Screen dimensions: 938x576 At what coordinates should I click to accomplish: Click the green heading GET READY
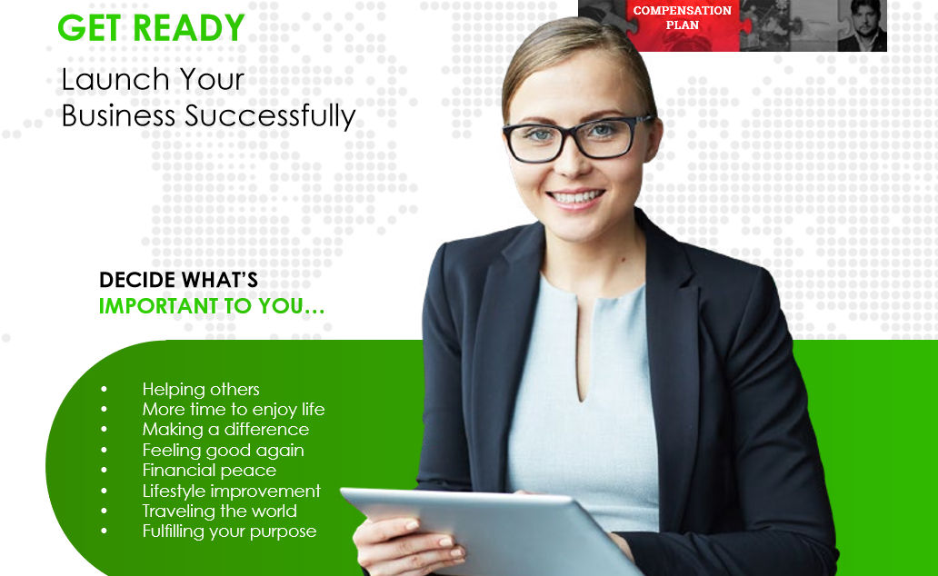pos(151,27)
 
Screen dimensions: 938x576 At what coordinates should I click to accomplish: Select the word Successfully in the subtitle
pos(270,116)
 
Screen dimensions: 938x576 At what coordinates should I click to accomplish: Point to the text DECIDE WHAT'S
pos(178,280)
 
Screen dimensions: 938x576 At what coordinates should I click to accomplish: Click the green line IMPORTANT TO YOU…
pos(212,306)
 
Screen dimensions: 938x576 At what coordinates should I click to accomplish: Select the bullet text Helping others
pos(201,390)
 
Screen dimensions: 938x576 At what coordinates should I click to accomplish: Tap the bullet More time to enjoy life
pos(234,410)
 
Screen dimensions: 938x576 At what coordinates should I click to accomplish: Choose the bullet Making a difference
pos(225,430)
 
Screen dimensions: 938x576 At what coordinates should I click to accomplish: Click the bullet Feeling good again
pos(223,451)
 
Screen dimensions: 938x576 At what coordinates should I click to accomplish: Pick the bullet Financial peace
pos(209,471)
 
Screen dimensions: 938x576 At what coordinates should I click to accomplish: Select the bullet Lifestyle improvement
pos(232,492)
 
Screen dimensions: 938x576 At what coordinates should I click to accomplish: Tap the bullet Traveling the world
pos(220,511)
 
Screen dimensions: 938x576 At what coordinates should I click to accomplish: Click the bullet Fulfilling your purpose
pos(229,531)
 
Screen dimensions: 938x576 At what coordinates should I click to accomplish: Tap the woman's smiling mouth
pos(575,198)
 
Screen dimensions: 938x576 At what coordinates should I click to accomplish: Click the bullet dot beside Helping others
pos(105,390)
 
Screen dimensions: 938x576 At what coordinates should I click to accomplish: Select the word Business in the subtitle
pos(118,115)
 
